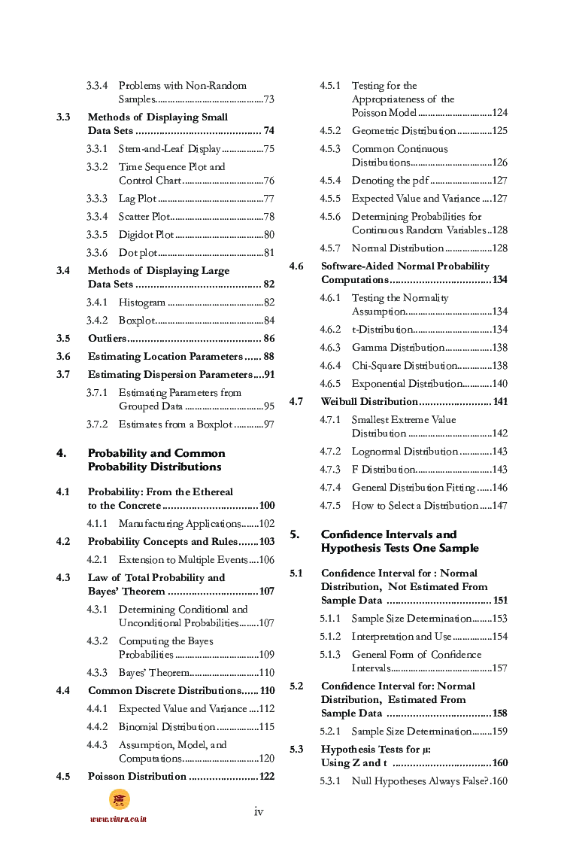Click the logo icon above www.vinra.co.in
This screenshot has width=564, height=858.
tap(120, 799)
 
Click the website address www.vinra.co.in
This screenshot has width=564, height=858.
tap(118, 819)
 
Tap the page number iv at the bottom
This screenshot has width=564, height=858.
tap(259, 811)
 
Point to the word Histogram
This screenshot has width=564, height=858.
tap(141, 303)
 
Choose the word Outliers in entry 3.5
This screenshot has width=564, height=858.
tap(107, 339)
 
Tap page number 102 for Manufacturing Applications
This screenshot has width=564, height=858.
tap(266, 524)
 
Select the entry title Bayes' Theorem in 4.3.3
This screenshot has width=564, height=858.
tap(149, 673)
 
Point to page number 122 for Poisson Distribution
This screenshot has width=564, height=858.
tap(266, 777)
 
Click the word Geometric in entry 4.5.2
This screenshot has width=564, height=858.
tap(374, 131)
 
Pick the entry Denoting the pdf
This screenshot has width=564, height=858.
tap(390, 181)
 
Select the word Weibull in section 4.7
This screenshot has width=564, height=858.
tap(340, 402)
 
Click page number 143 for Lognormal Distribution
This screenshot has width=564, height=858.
tap(499, 452)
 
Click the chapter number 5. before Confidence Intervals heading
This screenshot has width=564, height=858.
tap(295, 534)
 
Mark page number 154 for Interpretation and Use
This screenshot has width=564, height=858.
tap(499, 637)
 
